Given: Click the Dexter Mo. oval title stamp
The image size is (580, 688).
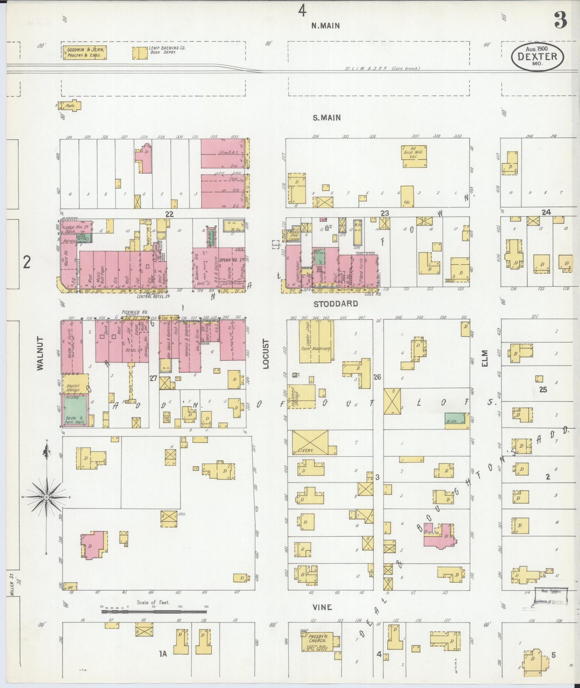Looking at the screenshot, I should pyautogui.click(x=537, y=57).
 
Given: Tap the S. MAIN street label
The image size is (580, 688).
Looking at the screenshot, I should pyautogui.click(x=327, y=118).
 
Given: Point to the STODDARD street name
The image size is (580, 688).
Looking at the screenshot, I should pyautogui.click(x=336, y=304).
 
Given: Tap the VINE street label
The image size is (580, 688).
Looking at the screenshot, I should pyautogui.click(x=322, y=607).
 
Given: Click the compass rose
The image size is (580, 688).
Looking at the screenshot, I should pyautogui.click(x=47, y=497).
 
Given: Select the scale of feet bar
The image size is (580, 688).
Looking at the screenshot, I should pyautogui.click(x=154, y=612).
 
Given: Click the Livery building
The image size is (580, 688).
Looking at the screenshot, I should pyautogui.click(x=310, y=442).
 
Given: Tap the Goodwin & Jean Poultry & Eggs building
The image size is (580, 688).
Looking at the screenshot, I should pyautogui.click(x=84, y=53).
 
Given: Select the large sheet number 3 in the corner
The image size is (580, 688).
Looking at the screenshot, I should pyautogui.click(x=560, y=20).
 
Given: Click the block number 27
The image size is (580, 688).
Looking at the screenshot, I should pyautogui.click(x=153, y=378).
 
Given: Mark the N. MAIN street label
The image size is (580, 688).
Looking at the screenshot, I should pyautogui.click(x=326, y=26).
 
